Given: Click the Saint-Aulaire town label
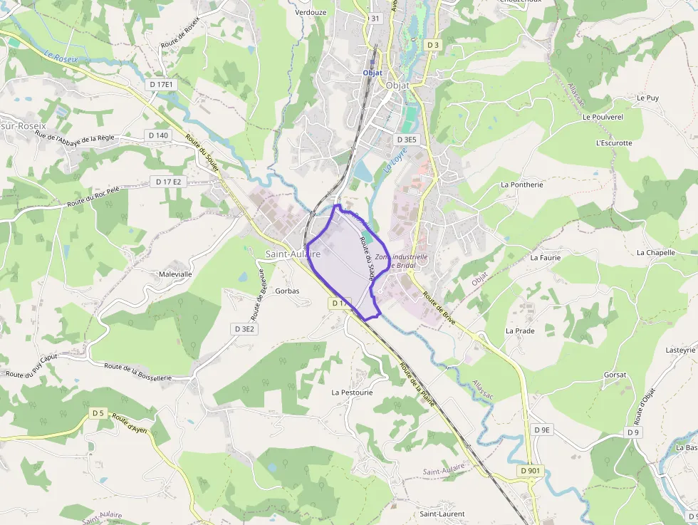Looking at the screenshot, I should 293,254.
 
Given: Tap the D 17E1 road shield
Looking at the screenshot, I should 162,84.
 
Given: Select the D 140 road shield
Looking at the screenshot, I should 159,135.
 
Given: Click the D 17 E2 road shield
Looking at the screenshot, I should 169,182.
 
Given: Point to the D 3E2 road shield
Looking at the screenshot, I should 244,328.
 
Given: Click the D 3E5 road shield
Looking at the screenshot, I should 407,140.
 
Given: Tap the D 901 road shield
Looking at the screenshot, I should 531,471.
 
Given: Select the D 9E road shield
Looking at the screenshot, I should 543,430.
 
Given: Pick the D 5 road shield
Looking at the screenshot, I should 98,413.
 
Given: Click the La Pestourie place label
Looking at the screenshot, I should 352,392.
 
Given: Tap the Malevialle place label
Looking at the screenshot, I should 175,274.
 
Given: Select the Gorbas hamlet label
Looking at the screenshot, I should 287,291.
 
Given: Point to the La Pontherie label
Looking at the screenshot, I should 521,184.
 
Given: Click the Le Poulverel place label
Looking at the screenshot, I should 603,117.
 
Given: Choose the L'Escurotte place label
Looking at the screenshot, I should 613,142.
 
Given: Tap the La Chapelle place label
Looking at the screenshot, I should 655,252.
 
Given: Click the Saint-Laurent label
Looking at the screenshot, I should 442,514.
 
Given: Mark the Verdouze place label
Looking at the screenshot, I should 311,12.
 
